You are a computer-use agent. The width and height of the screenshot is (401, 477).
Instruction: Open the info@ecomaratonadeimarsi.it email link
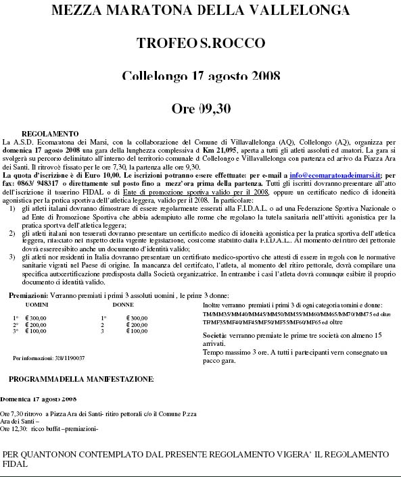click(327, 175)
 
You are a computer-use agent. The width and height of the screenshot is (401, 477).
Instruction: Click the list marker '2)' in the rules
click(14, 232)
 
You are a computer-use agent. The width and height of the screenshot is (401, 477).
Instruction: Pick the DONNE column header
click(123, 305)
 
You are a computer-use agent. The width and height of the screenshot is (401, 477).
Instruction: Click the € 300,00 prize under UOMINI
click(37, 318)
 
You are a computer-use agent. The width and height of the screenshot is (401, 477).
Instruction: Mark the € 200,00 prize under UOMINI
click(37, 324)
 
